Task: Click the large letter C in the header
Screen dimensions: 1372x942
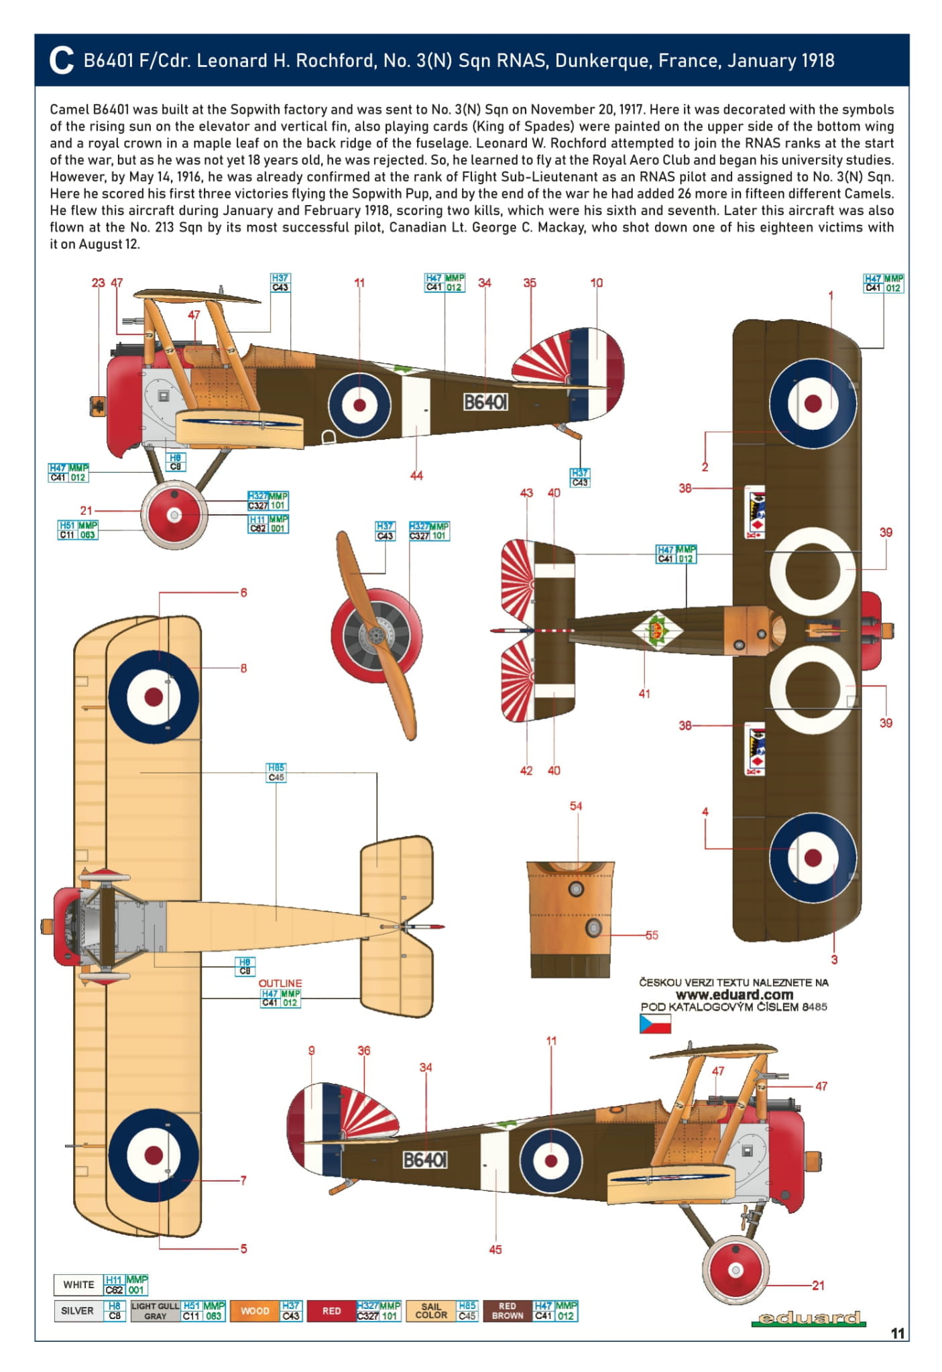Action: [61, 60]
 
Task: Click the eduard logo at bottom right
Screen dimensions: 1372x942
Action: [808, 1318]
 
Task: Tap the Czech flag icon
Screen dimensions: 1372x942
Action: [654, 1023]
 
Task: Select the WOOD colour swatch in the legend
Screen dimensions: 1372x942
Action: [255, 1310]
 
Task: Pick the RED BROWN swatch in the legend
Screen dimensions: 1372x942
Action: [507, 1310]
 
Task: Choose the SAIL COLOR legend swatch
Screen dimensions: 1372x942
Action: [430, 1310]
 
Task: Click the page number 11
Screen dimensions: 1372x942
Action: [898, 1333]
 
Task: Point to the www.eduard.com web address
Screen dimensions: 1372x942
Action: [733, 995]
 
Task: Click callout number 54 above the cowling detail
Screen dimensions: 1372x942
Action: [576, 806]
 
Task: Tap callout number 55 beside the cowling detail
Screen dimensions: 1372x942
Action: [652, 935]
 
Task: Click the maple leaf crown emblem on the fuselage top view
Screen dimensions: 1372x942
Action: [657, 631]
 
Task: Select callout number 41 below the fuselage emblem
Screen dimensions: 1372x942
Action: [644, 694]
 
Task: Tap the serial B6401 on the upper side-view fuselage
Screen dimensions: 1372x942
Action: [485, 401]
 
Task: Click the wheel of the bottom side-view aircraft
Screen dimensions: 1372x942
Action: [735, 1270]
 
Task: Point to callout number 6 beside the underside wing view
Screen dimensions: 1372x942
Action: [243, 593]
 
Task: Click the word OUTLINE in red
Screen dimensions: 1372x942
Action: [280, 983]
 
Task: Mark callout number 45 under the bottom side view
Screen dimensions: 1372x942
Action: [495, 1249]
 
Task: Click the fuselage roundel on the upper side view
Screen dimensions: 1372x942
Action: [359, 405]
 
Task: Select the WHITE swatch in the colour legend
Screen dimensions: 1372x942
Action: [78, 1284]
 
